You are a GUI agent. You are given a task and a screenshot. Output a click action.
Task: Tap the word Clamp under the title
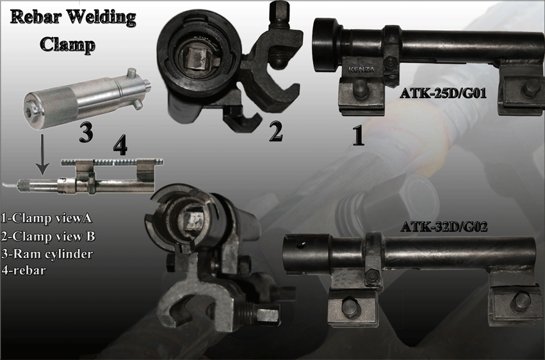[x=67, y=44]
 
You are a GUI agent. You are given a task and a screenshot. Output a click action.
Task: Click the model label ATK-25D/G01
[x=443, y=93]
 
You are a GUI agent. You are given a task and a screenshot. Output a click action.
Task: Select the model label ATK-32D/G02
[x=444, y=227]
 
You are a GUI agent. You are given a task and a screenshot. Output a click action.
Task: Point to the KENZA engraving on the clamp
[x=361, y=69]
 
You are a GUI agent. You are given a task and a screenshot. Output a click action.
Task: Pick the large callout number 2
[x=275, y=132]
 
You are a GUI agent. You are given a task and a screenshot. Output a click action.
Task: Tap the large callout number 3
[x=86, y=133]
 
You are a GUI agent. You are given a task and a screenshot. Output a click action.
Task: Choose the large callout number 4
[x=120, y=145]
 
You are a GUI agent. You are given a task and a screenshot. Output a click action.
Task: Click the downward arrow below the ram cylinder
[x=42, y=154]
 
